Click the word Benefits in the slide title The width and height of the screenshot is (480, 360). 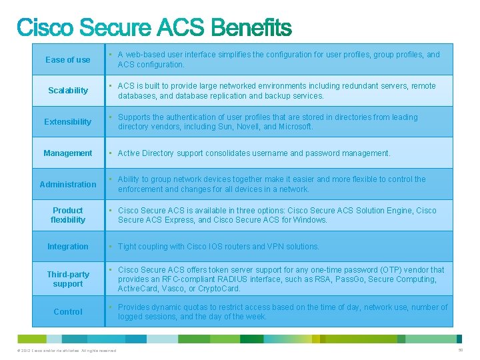point(251,28)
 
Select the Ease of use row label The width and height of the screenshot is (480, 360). point(68,60)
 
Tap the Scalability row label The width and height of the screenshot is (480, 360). point(68,91)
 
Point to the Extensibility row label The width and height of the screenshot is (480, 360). point(68,122)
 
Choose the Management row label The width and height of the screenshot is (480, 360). point(68,153)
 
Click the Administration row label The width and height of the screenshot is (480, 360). point(68,185)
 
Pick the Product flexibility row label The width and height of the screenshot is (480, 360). point(68,215)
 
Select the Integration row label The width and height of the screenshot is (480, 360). point(68,247)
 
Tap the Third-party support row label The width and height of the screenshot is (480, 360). point(68,279)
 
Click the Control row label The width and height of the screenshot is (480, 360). point(68,312)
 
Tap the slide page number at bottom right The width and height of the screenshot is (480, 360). point(460,350)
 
